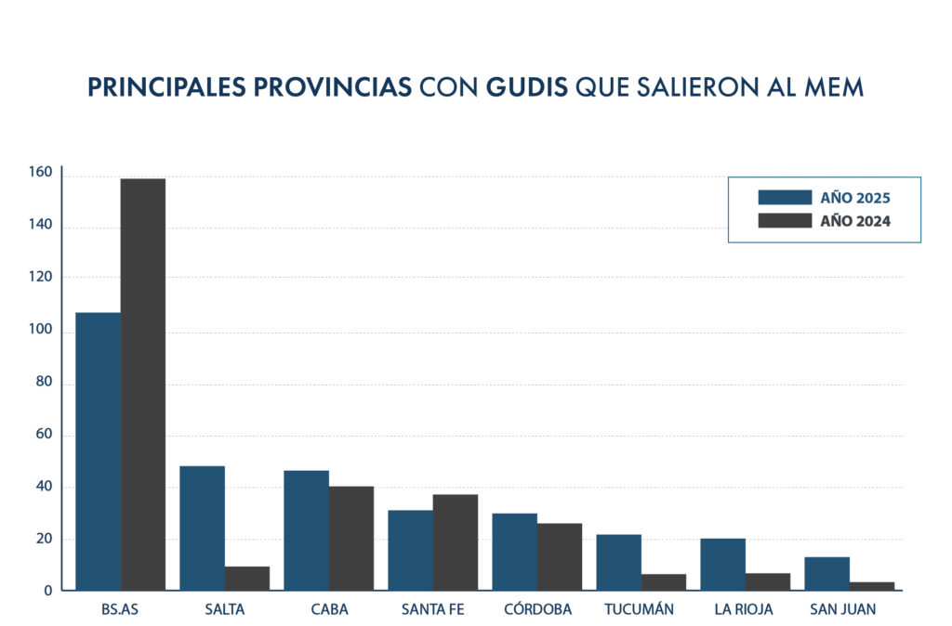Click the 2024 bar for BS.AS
tap(143, 384)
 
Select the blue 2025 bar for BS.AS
tap(98, 450)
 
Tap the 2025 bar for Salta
tap(202, 528)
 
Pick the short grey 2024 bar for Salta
tap(247, 578)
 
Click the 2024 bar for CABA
tap(351, 538)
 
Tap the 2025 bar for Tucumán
tap(618, 562)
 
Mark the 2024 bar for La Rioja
tap(768, 580)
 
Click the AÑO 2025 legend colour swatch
tap(786, 197)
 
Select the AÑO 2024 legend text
tap(856, 221)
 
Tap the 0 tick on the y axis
tap(47, 590)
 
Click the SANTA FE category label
tap(432, 609)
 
